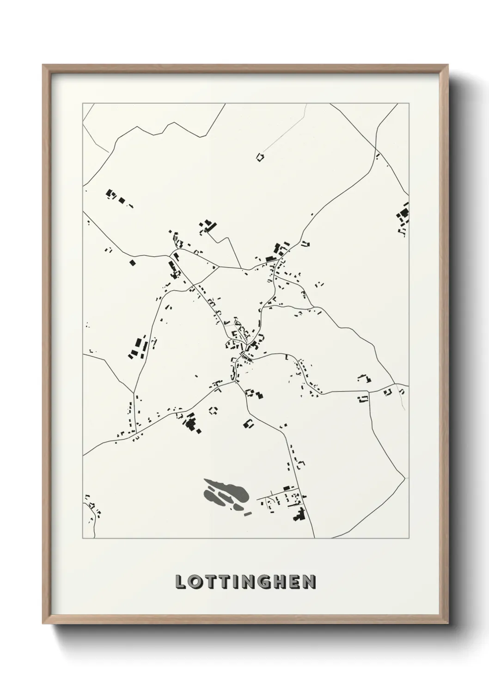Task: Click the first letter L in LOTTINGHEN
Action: click(181, 582)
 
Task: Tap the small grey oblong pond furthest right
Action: click(248, 514)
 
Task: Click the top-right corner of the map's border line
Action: click(409, 104)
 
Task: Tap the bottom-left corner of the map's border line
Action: click(83, 538)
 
